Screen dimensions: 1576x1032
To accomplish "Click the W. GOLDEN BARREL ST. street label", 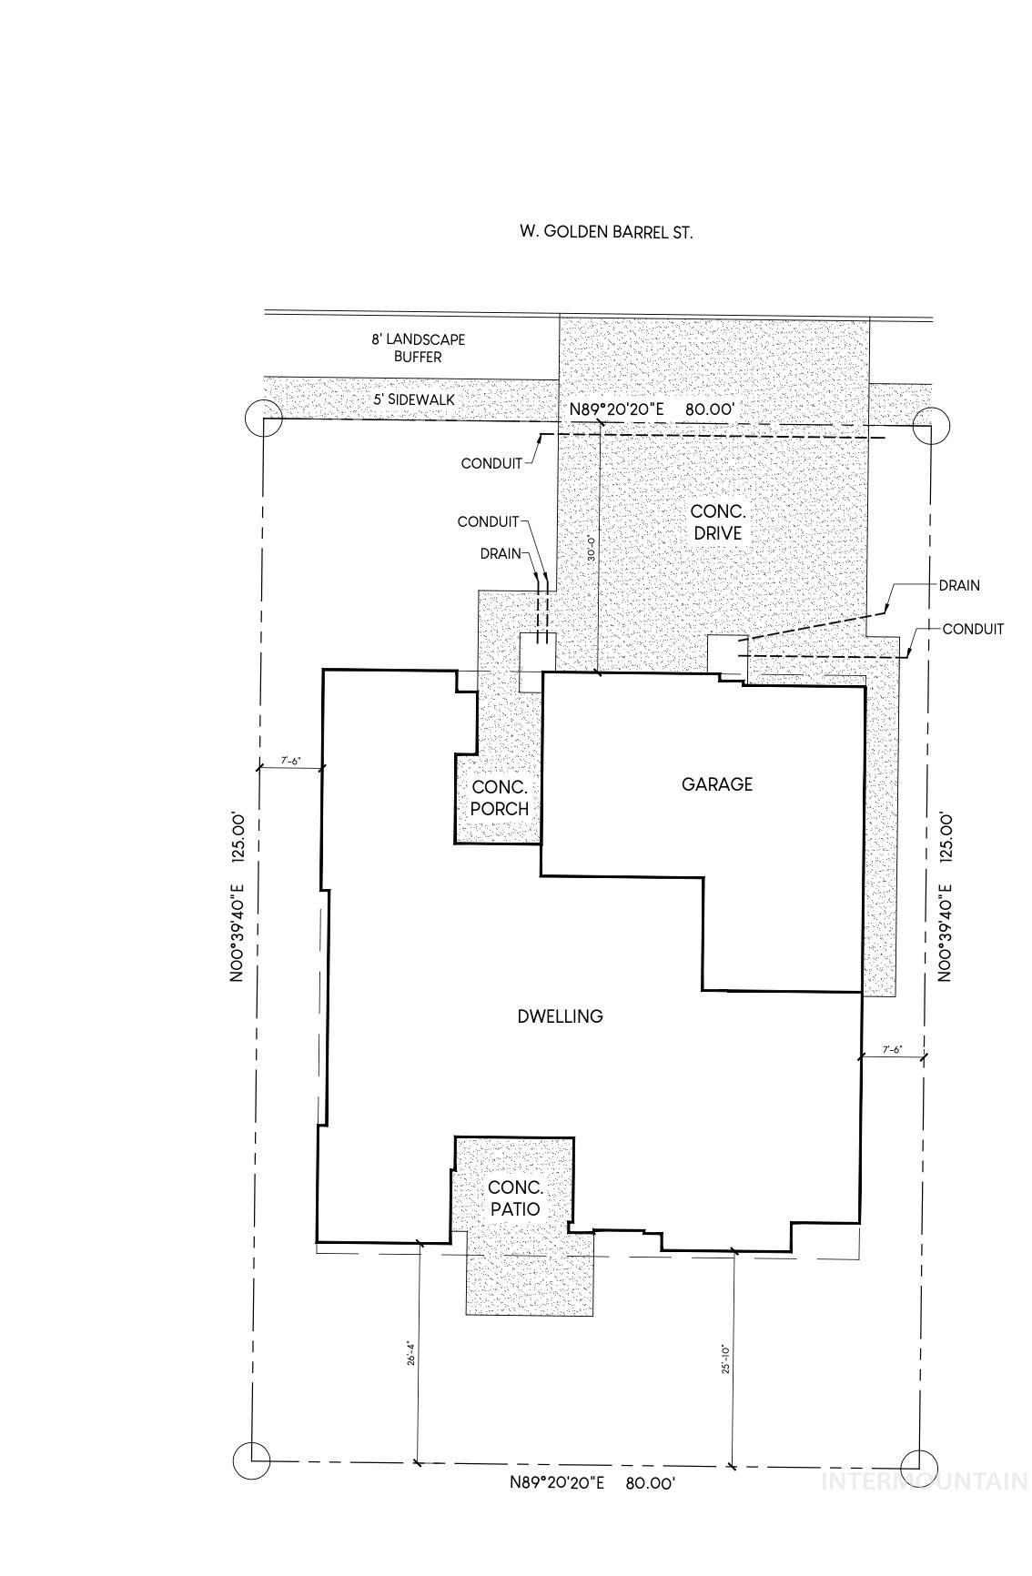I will [605, 232].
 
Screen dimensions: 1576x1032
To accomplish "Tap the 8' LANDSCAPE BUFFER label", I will [418, 349].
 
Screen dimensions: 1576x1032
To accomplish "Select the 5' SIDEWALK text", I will [414, 399].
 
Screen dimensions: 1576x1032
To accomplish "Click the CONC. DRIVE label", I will [717, 523].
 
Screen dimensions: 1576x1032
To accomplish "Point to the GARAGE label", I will [717, 784].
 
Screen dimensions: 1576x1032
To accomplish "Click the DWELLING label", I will [560, 1016].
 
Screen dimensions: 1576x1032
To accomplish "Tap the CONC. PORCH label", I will [499, 798].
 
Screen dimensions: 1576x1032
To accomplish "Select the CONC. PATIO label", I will [515, 1198].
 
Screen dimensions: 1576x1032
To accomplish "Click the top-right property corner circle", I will [931, 424].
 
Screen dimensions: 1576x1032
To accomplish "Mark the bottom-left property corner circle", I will [251, 1460].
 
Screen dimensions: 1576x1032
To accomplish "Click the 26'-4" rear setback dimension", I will [411, 1355].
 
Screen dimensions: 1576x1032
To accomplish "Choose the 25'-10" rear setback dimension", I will [726, 1359].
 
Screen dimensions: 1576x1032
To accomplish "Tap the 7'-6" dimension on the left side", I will [290, 761].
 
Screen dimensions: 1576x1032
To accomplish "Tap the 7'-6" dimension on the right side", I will [893, 1049].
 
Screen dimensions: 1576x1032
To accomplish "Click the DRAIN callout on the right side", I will [959, 585].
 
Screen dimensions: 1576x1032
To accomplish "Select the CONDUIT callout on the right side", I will [973, 629].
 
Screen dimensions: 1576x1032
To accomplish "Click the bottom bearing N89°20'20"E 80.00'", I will [592, 1482].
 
